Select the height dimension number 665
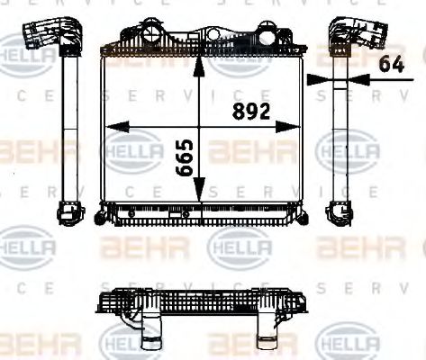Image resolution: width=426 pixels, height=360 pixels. point(185,158)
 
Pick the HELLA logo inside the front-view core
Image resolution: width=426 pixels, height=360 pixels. point(131,150)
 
